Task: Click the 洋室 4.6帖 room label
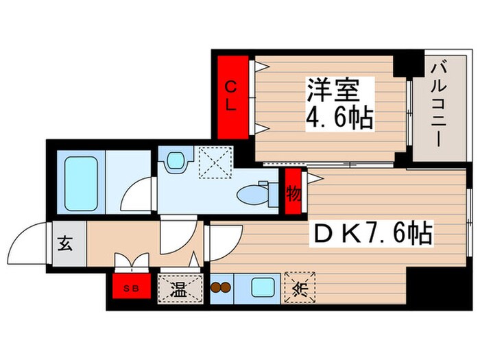339,105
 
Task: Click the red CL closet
232,96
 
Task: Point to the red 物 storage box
293,193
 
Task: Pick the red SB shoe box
130,289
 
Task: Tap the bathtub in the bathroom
82,183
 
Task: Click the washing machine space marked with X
215,163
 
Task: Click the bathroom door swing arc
137,194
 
